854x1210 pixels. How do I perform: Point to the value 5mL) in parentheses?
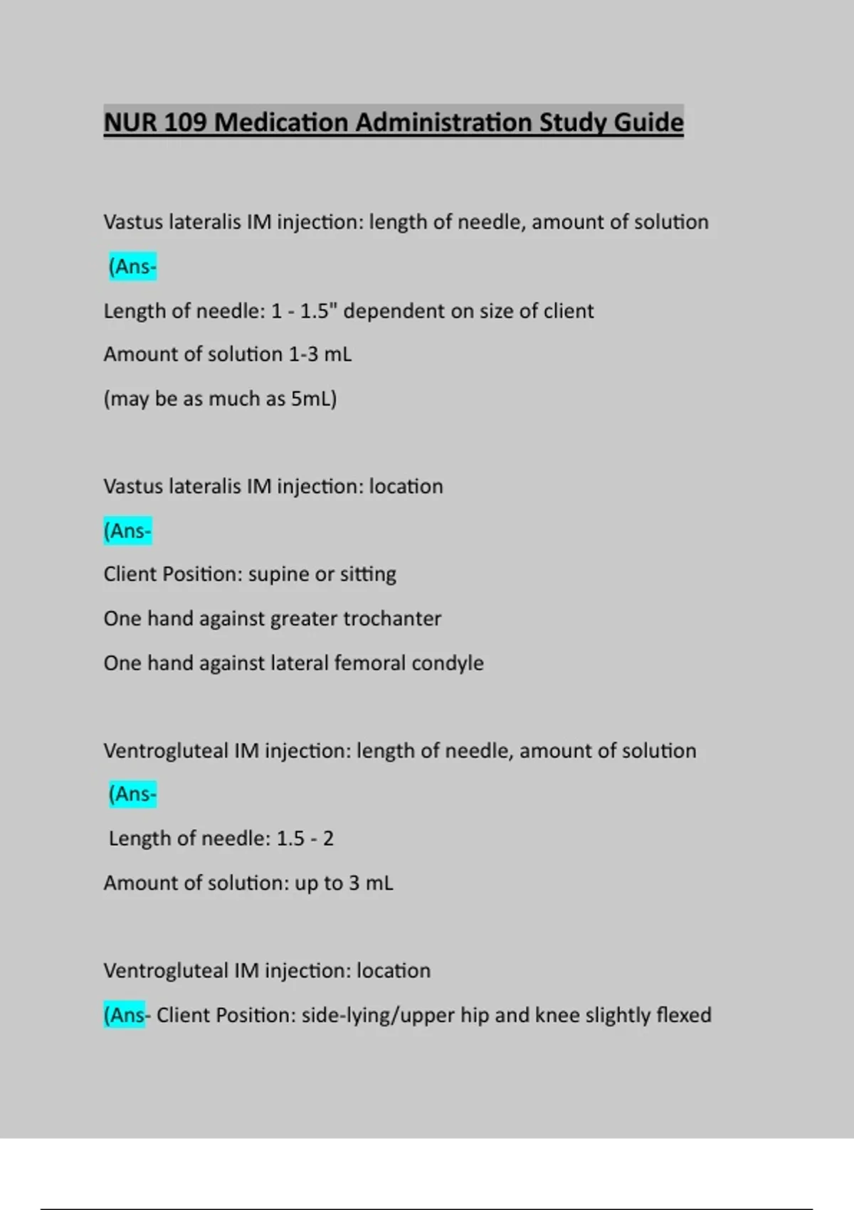pyautogui.click(x=314, y=399)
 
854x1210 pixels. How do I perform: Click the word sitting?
pyautogui.click(x=368, y=574)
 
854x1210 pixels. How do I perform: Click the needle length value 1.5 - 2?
pyautogui.click(x=305, y=838)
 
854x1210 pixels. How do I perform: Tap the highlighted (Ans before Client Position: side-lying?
pyautogui.click(x=125, y=1015)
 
